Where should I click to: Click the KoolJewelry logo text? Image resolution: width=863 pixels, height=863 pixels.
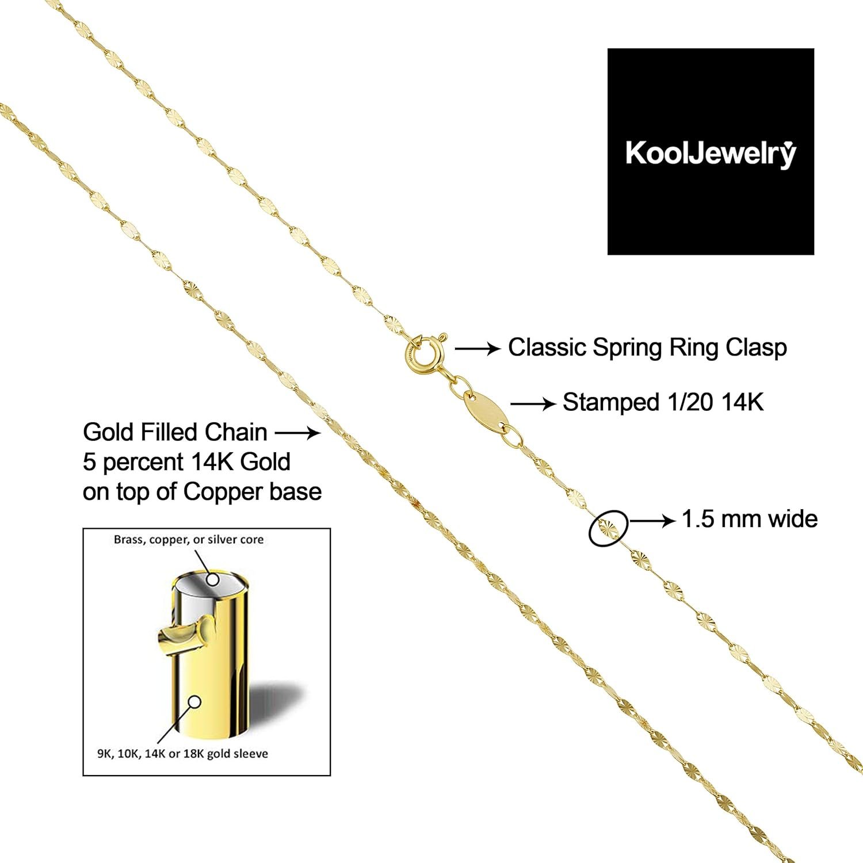[x=711, y=154]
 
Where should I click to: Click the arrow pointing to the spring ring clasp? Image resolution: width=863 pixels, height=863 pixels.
[x=478, y=348]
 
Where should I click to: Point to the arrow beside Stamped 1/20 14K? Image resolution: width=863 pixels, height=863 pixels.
[x=533, y=404]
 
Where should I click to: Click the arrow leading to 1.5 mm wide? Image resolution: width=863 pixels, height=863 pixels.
[x=653, y=521]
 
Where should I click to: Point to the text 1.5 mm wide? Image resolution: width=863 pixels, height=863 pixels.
[x=750, y=519]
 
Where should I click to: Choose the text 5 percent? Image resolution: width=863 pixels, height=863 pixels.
[x=133, y=463]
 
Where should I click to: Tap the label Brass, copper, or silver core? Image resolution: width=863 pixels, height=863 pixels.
[x=189, y=540]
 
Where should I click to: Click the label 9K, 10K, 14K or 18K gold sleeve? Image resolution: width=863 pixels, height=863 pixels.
[x=182, y=754]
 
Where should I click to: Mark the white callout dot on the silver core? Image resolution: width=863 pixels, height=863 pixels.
[x=213, y=579]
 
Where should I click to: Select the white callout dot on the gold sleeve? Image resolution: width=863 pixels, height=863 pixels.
[x=194, y=702]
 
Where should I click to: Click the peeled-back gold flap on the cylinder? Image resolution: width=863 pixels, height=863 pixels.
[x=184, y=636]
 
